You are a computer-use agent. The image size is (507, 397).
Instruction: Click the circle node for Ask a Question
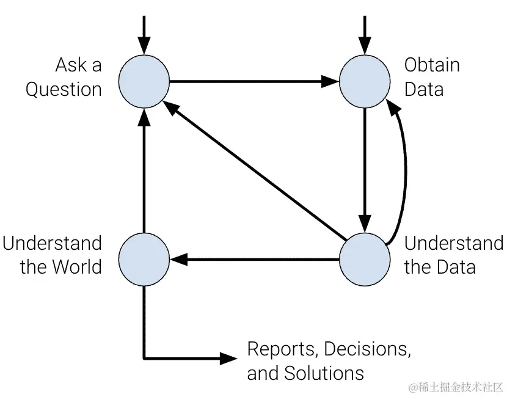[x=144, y=81]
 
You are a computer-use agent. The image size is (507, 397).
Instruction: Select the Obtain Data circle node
[x=365, y=81]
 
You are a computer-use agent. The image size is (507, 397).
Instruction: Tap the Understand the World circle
[x=144, y=260]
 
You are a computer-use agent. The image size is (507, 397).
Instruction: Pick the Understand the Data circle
[x=365, y=260]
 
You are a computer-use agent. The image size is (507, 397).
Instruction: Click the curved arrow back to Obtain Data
[x=405, y=177]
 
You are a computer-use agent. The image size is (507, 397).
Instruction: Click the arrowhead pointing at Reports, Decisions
[x=229, y=358]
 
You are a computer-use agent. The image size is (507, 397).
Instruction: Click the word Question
[x=64, y=90]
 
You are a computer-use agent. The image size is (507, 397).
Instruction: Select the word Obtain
[x=432, y=65]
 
